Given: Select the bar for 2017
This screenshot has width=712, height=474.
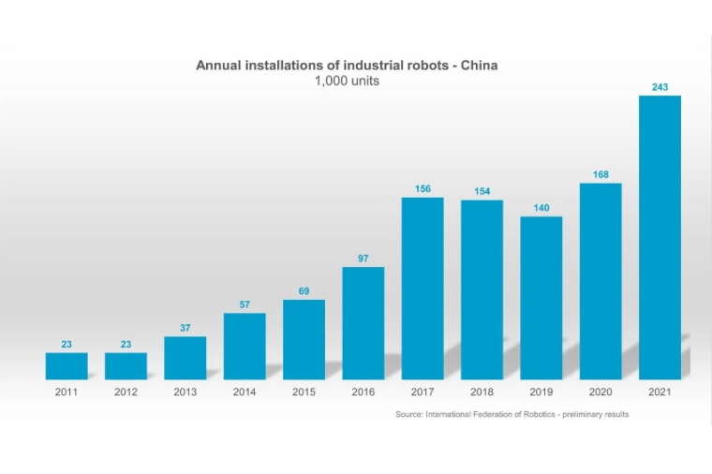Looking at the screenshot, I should [x=423, y=288].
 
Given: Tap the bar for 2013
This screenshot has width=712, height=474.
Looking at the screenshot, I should [x=185, y=358].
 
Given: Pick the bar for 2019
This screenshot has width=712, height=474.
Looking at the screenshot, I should [x=541, y=298].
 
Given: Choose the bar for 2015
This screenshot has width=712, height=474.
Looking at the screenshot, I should [x=304, y=339].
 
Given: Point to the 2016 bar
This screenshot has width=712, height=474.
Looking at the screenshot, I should [x=363, y=323].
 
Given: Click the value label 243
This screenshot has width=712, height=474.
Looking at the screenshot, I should [x=660, y=87].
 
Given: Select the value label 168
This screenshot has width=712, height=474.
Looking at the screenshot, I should [x=601, y=174].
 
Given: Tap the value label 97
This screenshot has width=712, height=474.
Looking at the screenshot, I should [x=363, y=258].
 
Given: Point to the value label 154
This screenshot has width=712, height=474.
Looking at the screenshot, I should [x=482, y=191].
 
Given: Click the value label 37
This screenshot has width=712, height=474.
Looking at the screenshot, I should [x=185, y=328].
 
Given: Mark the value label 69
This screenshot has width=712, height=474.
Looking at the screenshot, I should [x=304, y=291].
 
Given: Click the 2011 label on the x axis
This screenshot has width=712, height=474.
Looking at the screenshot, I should [x=67, y=393].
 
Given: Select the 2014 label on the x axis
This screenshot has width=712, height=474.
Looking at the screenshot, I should [x=245, y=393].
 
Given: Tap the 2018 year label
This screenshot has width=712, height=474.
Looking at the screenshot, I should [x=482, y=393].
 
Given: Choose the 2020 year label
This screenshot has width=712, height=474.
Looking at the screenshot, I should [x=601, y=393].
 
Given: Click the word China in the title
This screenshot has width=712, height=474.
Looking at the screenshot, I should [x=478, y=66].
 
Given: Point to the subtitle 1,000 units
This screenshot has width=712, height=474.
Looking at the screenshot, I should [x=347, y=81].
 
